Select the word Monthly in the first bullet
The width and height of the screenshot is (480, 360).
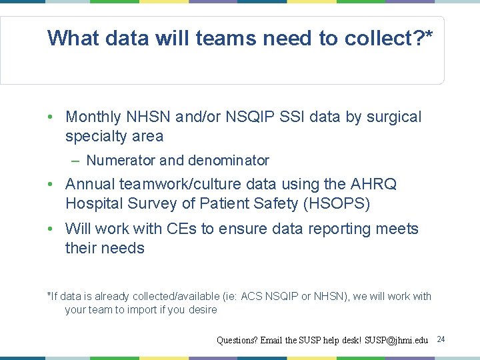[x=93, y=117]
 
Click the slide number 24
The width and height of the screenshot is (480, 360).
[x=441, y=340]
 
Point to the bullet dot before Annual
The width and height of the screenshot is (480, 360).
[x=51, y=184]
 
